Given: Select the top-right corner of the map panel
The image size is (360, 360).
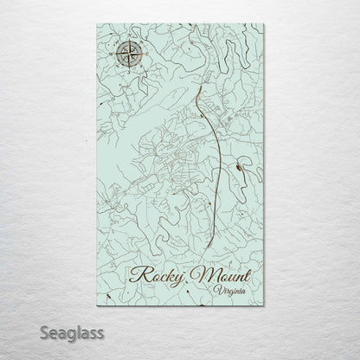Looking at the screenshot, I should click(265, 24).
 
